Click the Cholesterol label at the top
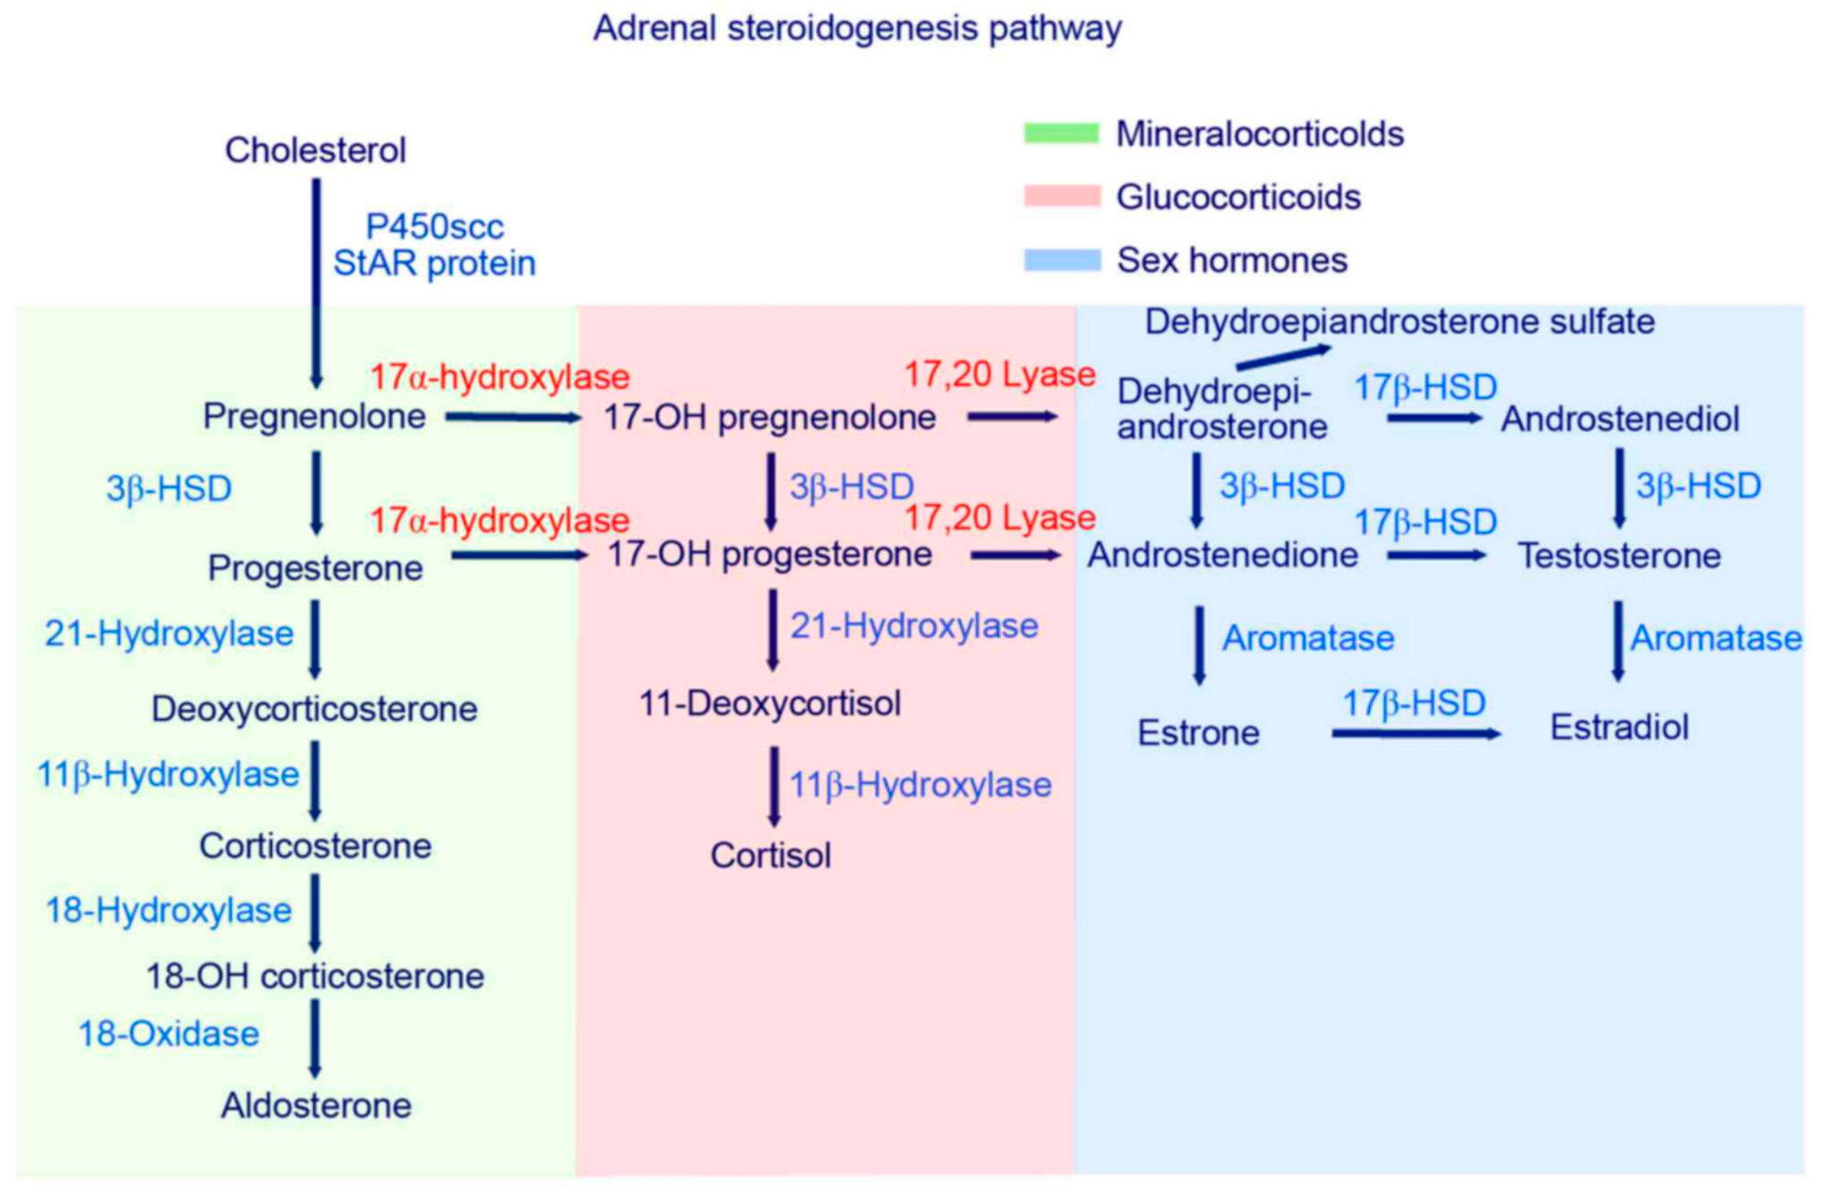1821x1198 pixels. click(315, 150)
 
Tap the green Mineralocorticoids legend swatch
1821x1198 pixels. click(1061, 133)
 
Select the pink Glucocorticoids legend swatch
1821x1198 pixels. click(1061, 196)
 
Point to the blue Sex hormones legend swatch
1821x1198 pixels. click(1061, 260)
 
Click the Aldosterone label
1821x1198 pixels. click(316, 1106)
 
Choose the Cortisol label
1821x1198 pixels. click(770, 856)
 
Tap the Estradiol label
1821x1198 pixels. click(1619, 727)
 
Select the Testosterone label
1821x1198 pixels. click(1619, 555)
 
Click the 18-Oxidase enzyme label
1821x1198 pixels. click(168, 1033)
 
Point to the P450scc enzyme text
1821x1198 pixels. click(434, 227)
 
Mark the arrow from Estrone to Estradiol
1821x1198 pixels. click(1416, 734)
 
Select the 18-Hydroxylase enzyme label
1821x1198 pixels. click(168, 910)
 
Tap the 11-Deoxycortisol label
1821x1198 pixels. click(769, 704)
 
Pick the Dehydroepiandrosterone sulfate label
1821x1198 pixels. click(1399, 322)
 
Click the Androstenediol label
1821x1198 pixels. click(1619, 419)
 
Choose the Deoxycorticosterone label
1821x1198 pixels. click(314, 709)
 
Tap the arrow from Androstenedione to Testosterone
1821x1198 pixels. click(1435, 556)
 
